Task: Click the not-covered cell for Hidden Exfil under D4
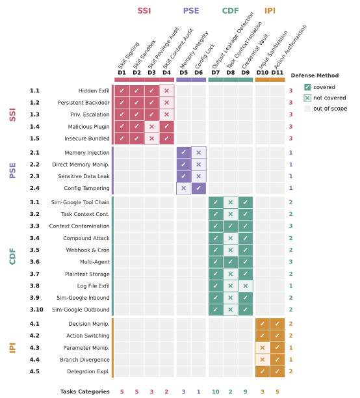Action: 167,90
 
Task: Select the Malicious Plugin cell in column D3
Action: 151,126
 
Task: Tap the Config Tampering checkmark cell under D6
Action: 198,188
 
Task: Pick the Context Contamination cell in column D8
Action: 230,226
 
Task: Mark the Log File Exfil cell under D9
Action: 246,285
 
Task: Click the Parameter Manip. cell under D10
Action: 263,347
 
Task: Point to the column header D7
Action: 216,73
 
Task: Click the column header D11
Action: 277,73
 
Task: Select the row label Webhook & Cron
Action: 88,250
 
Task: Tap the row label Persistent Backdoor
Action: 84,103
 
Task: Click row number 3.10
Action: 36,310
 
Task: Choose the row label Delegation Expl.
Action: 88,371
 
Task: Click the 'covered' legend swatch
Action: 307,87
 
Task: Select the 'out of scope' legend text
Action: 330,109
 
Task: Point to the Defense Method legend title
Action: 315,75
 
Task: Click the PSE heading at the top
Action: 191,10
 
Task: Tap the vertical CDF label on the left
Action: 12,256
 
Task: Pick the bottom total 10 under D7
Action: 216,391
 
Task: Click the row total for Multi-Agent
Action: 290,261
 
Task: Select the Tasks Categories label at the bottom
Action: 85,391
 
